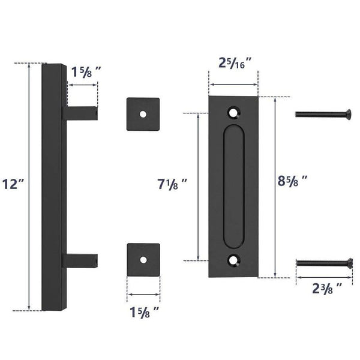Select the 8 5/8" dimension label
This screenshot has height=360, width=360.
tap(296, 181)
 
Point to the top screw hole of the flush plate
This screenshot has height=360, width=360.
tap(233, 112)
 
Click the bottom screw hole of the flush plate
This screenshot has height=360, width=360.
tap(233, 260)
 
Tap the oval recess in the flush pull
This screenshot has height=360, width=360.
tap(233, 187)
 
